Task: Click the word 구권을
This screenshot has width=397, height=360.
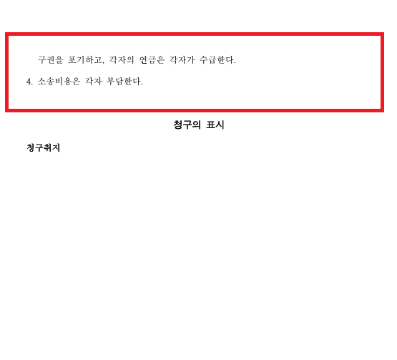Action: point(50,60)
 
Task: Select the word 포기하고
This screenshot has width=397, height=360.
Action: point(85,60)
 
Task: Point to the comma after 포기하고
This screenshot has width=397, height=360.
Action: point(103,62)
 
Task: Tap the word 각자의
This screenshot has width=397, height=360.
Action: point(122,60)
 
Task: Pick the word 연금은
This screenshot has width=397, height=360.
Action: point(152,60)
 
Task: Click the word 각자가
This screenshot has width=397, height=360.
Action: point(182,60)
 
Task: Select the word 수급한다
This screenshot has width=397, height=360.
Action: point(217,60)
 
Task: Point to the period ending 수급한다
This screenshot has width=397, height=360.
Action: point(235,63)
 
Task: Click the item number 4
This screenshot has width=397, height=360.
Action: point(29,82)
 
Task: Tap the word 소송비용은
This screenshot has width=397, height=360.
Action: point(59,82)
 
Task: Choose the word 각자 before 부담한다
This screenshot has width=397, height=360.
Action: point(94,82)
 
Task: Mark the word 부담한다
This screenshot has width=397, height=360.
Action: point(124,82)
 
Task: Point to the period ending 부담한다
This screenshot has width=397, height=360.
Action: point(142,84)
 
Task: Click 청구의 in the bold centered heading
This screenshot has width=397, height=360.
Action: point(187,125)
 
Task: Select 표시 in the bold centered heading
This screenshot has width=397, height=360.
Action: point(215,125)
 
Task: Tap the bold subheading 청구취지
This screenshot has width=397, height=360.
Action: point(44,147)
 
